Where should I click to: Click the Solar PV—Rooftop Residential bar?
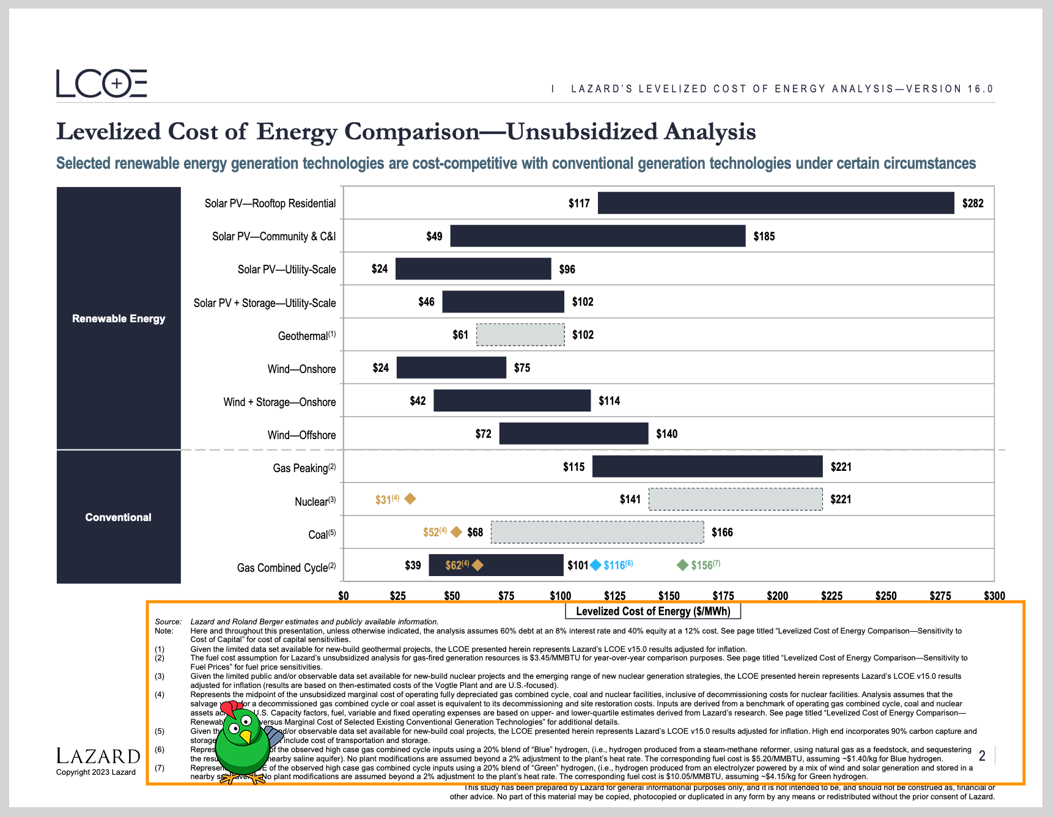[x=775, y=203]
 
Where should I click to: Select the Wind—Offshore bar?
[x=573, y=434]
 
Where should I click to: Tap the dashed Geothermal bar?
[x=520, y=335]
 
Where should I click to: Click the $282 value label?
[x=973, y=203]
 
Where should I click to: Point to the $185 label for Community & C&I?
[x=764, y=237]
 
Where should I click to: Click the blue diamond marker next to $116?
[x=595, y=565]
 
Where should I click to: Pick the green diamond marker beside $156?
[x=683, y=565]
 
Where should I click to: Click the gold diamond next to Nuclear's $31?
[x=410, y=499]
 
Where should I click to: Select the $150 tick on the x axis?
[x=669, y=596]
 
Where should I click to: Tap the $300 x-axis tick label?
[x=994, y=596]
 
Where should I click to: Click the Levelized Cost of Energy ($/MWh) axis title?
[x=653, y=611]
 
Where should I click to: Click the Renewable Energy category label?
[x=119, y=319]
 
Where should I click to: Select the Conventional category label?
[x=119, y=517]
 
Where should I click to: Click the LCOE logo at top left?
[x=101, y=84]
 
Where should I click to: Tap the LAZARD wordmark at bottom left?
[x=98, y=756]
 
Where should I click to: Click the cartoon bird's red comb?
[x=231, y=708]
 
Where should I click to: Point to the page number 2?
[x=982, y=756]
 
